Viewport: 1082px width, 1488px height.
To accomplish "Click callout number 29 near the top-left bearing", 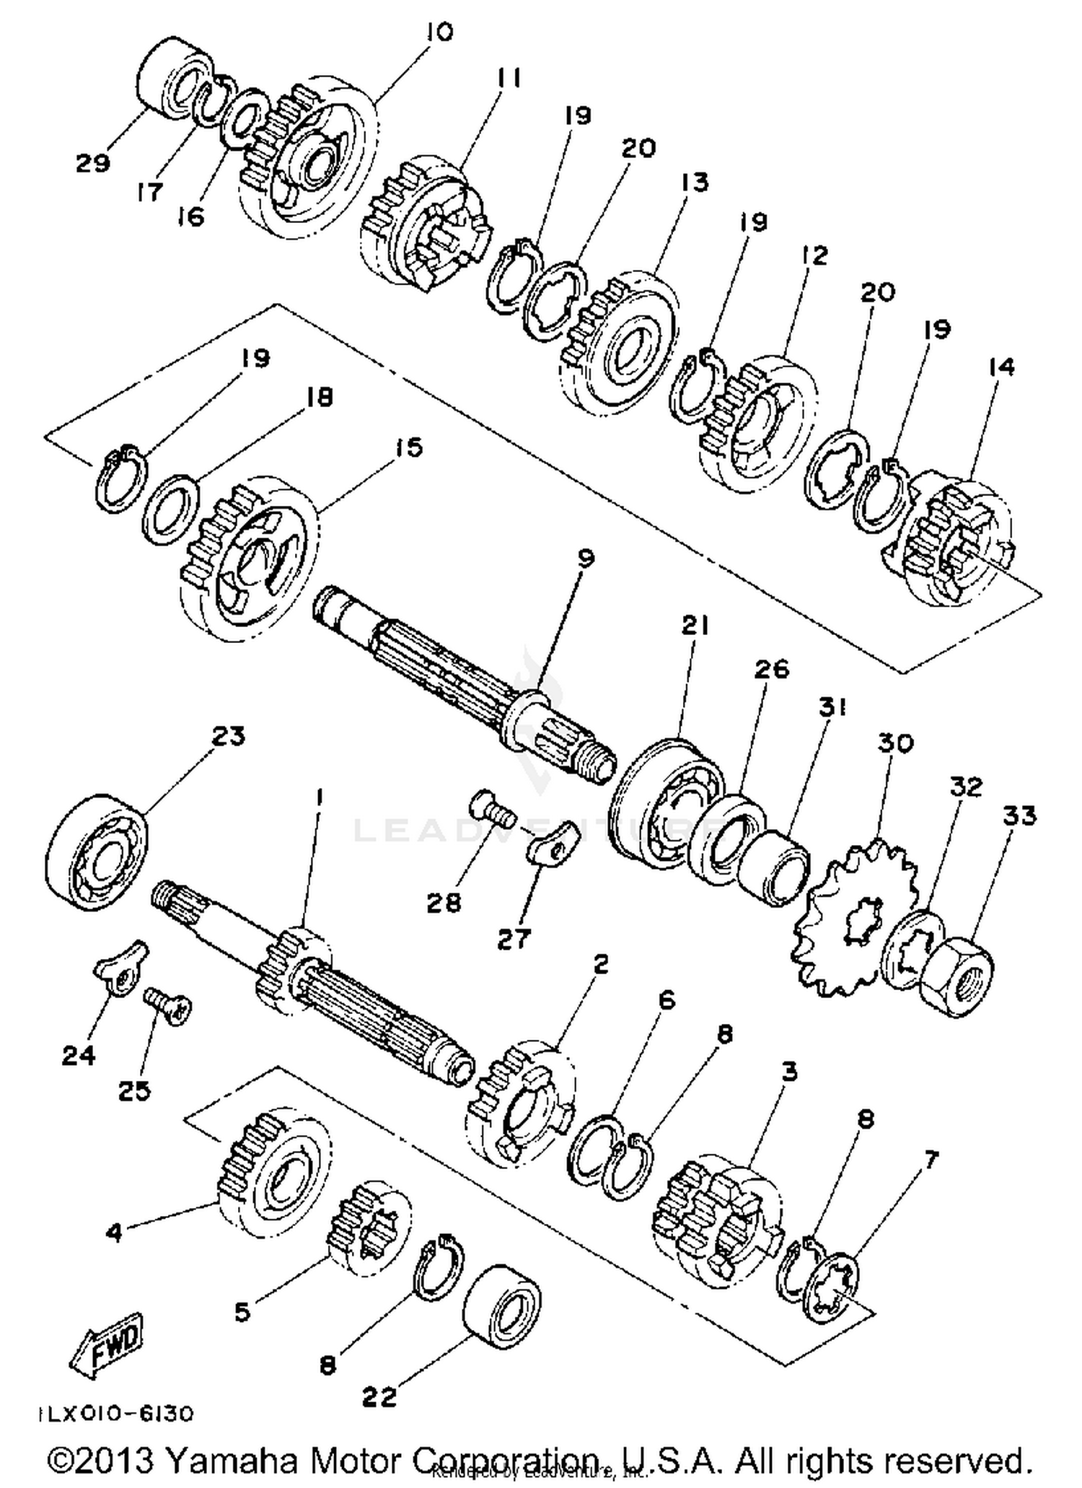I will point(93,163).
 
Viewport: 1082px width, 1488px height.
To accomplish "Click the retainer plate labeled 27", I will point(553,845).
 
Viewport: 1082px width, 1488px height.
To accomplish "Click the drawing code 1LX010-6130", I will point(116,1413).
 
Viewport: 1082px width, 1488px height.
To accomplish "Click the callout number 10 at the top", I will point(439,32).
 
